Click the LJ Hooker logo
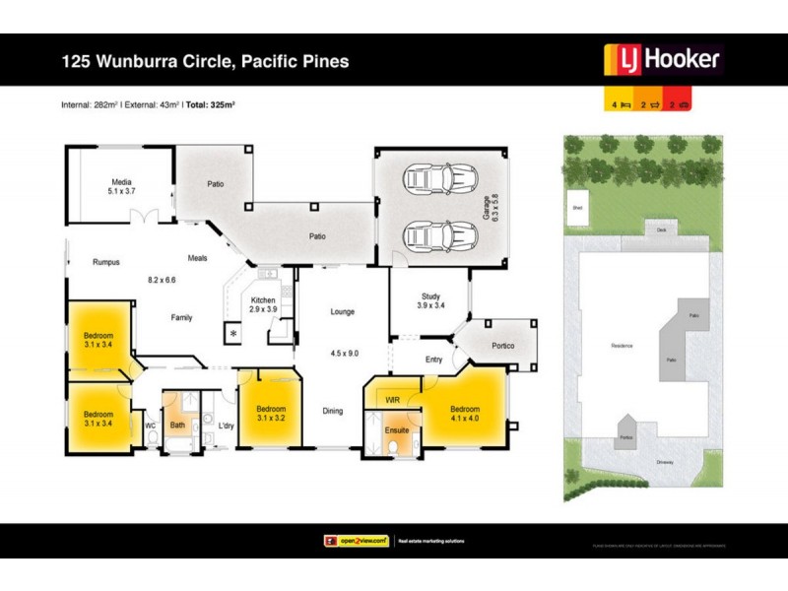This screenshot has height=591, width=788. (x=662, y=60)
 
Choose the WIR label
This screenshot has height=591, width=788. (x=392, y=399)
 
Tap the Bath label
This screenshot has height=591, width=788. (x=177, y=426)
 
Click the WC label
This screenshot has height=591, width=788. (x=151, y=426)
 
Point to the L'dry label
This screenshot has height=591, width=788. (x=226, y=426)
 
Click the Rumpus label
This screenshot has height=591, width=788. (x=105, y=262)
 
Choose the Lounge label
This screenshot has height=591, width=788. (x=342, y=311)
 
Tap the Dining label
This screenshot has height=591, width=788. (x=333, y=411)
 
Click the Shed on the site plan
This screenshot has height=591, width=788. (x=577, y=209)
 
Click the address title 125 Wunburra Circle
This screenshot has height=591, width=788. (x=205, y=61)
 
